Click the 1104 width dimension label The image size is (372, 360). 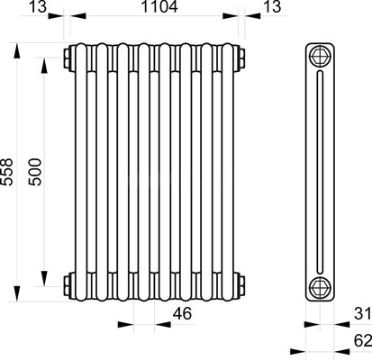click(159, 6)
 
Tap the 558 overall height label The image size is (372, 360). click(6, 172)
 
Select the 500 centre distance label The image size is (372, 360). click(34, 172)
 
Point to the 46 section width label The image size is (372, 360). click(182, 314)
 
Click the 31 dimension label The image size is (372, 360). click(363, 314)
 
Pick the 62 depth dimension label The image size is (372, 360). click(363, 340)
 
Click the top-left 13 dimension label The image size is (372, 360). click(38, 6)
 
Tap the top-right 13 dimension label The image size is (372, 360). click(272, 6)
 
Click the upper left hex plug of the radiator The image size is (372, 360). click(68, 58)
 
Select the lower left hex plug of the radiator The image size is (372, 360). click(68, 285)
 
